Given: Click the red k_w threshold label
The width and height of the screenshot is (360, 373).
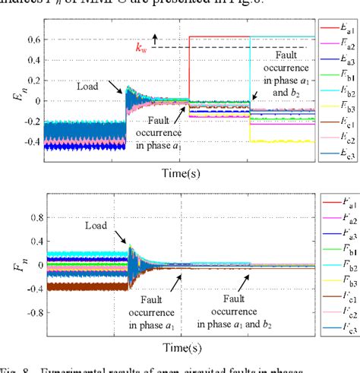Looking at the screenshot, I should (142, 48).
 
